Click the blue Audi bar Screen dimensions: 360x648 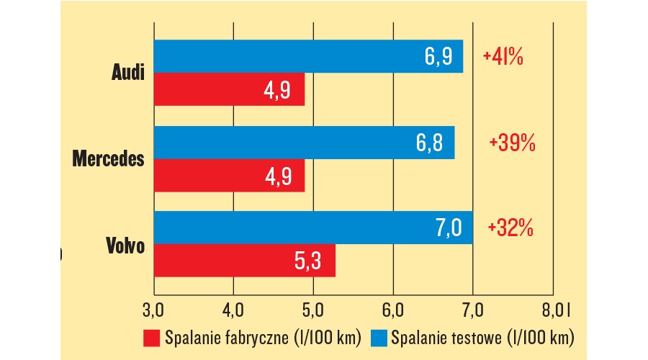coord(307,56)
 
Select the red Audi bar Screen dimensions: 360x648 coord(228,89)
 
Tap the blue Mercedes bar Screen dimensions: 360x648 coord(303,143)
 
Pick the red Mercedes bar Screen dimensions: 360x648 coord(228,176)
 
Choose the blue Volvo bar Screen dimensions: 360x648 coord(312,228)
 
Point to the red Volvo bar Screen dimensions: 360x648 coord(244,261)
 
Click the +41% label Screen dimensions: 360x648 coord(503,57)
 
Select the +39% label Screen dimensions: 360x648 coord(512,143)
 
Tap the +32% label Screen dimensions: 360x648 coord(510,228)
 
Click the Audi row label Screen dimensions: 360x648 coord(128,73)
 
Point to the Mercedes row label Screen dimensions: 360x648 coord(109,159)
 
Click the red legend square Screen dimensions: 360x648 coord(151,337)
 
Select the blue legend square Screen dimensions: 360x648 coord(379,337)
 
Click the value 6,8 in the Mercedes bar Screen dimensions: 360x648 coord(430,143)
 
